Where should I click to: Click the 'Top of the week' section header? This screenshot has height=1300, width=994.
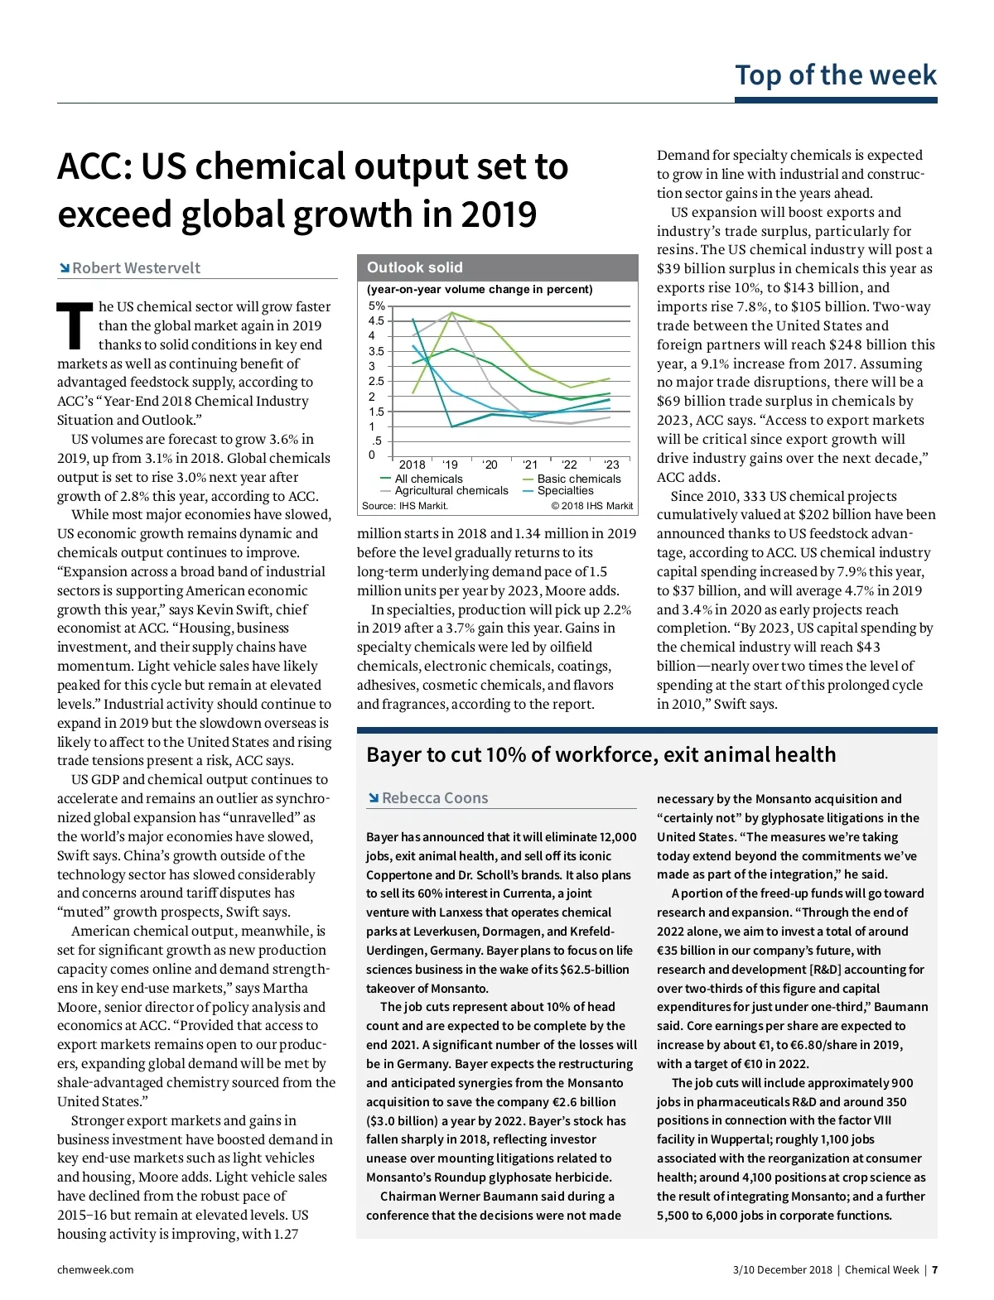point(835,75)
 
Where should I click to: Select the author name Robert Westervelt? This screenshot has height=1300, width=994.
point(136,267)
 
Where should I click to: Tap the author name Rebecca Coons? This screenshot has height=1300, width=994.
point(435,797)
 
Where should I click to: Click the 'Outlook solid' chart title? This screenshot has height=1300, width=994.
point(415,267)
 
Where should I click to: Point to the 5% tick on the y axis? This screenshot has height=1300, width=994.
point(376,306)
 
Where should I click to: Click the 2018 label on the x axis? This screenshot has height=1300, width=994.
point(412,465)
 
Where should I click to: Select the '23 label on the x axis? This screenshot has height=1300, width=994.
point(611,465)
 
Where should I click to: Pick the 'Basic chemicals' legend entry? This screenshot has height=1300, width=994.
point(578,479)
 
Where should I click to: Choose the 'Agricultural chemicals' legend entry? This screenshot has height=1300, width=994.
point(451,490)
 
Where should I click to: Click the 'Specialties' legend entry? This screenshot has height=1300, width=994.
point(565,490)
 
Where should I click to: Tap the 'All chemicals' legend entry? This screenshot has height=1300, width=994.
point(428,479)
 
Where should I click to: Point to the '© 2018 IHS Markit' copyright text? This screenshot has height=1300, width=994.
point(591,506)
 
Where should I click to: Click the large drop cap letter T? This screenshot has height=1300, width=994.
point(75,325)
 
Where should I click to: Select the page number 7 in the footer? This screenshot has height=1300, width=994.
point(934,1269)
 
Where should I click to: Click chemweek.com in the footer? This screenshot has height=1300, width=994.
point(95,1269)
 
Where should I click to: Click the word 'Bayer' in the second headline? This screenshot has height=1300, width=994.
point(394,754)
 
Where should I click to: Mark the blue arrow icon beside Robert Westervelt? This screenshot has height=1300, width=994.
point(64,267)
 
